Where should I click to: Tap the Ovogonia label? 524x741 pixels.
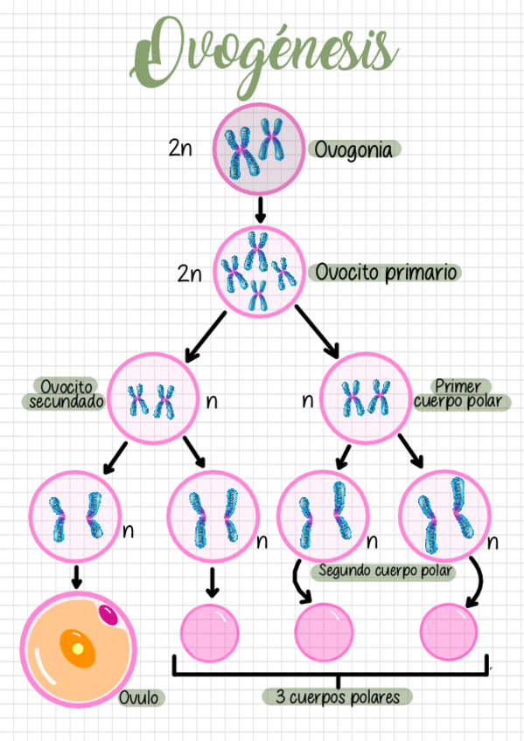point(353,149)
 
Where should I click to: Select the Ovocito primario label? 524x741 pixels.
point(385,272)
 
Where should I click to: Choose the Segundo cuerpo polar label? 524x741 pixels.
point(383,571)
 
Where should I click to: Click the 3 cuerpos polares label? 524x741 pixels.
point(338,696)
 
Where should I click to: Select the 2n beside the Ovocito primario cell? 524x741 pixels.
point(189,274)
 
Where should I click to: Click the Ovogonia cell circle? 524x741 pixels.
point(259,148)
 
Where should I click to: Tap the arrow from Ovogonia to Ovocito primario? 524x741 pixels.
point(259,210)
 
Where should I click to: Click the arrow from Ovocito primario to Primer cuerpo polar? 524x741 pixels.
point(317,332)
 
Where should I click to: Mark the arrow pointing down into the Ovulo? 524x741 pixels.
point(76,576)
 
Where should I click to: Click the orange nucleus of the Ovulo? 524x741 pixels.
point(77,648)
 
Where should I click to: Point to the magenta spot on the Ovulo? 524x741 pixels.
point(108,614)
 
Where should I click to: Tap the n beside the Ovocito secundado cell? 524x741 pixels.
point(212,402)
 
